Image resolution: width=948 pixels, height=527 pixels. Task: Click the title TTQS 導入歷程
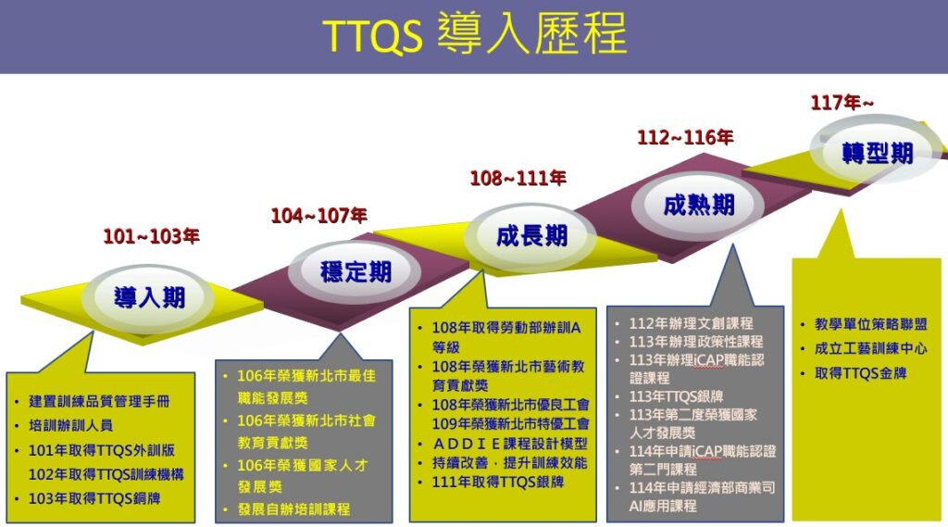click(475, 34)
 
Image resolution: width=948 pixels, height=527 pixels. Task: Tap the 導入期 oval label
click(149, 297)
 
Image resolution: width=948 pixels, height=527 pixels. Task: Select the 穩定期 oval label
click(355, 271)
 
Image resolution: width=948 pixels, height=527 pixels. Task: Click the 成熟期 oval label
click(698, 205)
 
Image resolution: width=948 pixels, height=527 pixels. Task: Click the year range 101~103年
click(151, 236)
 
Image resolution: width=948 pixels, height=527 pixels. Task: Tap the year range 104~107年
click(318, 216)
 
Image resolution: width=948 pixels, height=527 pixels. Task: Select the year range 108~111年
click(518, 178)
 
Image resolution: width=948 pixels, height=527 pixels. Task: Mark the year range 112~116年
click(685, 137)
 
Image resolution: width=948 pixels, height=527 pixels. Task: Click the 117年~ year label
click(842, 102)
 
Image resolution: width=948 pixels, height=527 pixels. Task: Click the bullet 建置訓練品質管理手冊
click(99, 401)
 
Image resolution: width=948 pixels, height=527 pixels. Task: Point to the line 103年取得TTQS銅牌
click(94, 498)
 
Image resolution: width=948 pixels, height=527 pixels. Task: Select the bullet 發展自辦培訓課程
click(293, 509)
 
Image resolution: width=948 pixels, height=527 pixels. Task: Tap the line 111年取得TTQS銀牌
click(497, 483)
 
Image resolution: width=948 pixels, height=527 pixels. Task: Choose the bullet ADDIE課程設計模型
click(510, 445)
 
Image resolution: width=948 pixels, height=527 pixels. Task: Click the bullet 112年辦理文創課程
click(691, 324)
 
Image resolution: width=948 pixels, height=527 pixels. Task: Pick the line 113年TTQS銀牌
click(676, 397)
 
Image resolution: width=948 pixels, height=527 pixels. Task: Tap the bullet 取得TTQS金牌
click(860, 373)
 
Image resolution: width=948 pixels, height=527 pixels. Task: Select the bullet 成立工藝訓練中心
click(870, 348)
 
